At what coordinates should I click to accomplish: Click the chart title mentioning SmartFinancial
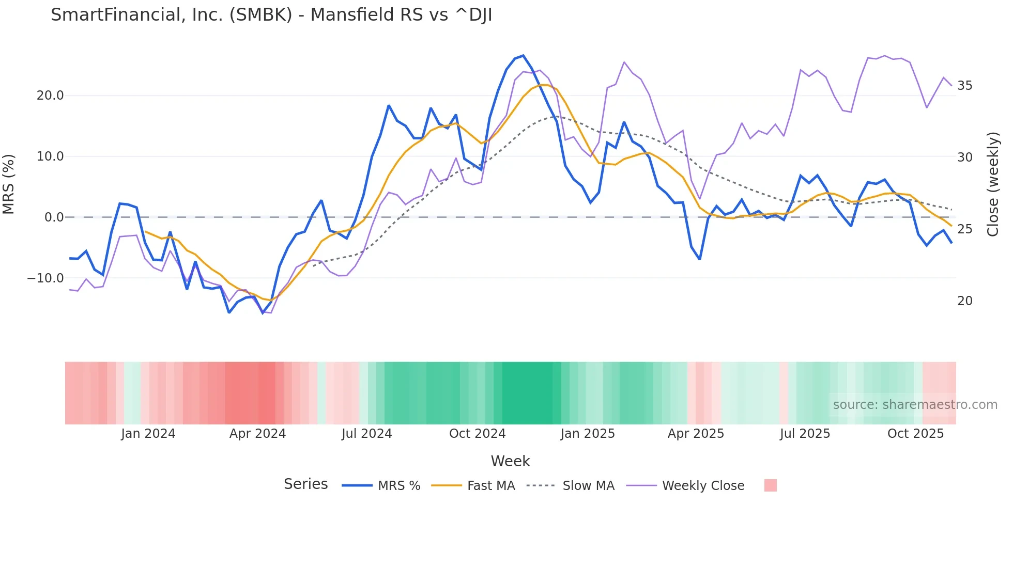[x=271, y=15]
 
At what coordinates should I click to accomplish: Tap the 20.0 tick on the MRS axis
[x=50, y=96]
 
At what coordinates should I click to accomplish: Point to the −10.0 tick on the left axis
[x=46, y=278]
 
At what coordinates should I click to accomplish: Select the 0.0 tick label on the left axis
[x=54, y=217]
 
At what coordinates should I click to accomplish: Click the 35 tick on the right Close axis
[x=964, y=86]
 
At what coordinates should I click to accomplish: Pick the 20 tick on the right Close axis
[x=964, y=301]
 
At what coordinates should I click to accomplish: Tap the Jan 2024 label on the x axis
[x=148, y=434]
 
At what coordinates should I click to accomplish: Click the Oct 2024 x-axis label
[x=477, y=434]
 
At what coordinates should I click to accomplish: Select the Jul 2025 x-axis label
[x=805, y=434]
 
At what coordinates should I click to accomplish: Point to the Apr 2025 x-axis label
[x=696, y=434]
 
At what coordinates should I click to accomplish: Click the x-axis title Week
[x=510, y=461]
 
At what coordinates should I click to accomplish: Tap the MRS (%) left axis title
[x=9, y=184]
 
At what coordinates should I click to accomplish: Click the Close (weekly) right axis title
[x=993, y=184]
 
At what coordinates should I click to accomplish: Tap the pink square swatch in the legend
[x=770, y=485]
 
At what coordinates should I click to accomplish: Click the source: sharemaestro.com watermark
[x=915, y=405]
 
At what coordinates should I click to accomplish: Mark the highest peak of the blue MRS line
[x=523, y=56]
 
